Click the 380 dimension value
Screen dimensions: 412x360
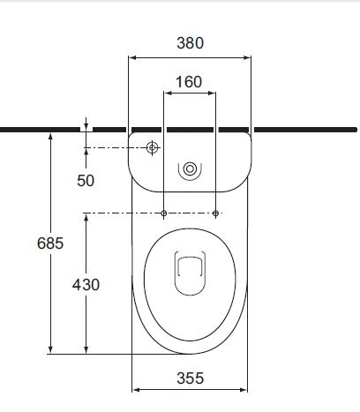pos(189,41)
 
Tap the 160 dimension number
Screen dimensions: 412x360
pos(189,82)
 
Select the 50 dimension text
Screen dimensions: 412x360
pos(86,180)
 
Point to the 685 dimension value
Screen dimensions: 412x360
pos(49,243)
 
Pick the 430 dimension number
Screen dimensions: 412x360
pos(86,284)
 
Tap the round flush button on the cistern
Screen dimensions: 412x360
pos(190,170)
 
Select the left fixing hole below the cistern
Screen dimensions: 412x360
pos(165,213)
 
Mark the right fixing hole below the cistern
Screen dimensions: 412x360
pos(215,213)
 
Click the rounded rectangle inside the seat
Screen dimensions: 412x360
pos(190,273)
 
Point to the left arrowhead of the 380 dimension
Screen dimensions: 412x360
pos(132,56)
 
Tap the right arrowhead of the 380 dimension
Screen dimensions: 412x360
pos(249,56)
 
